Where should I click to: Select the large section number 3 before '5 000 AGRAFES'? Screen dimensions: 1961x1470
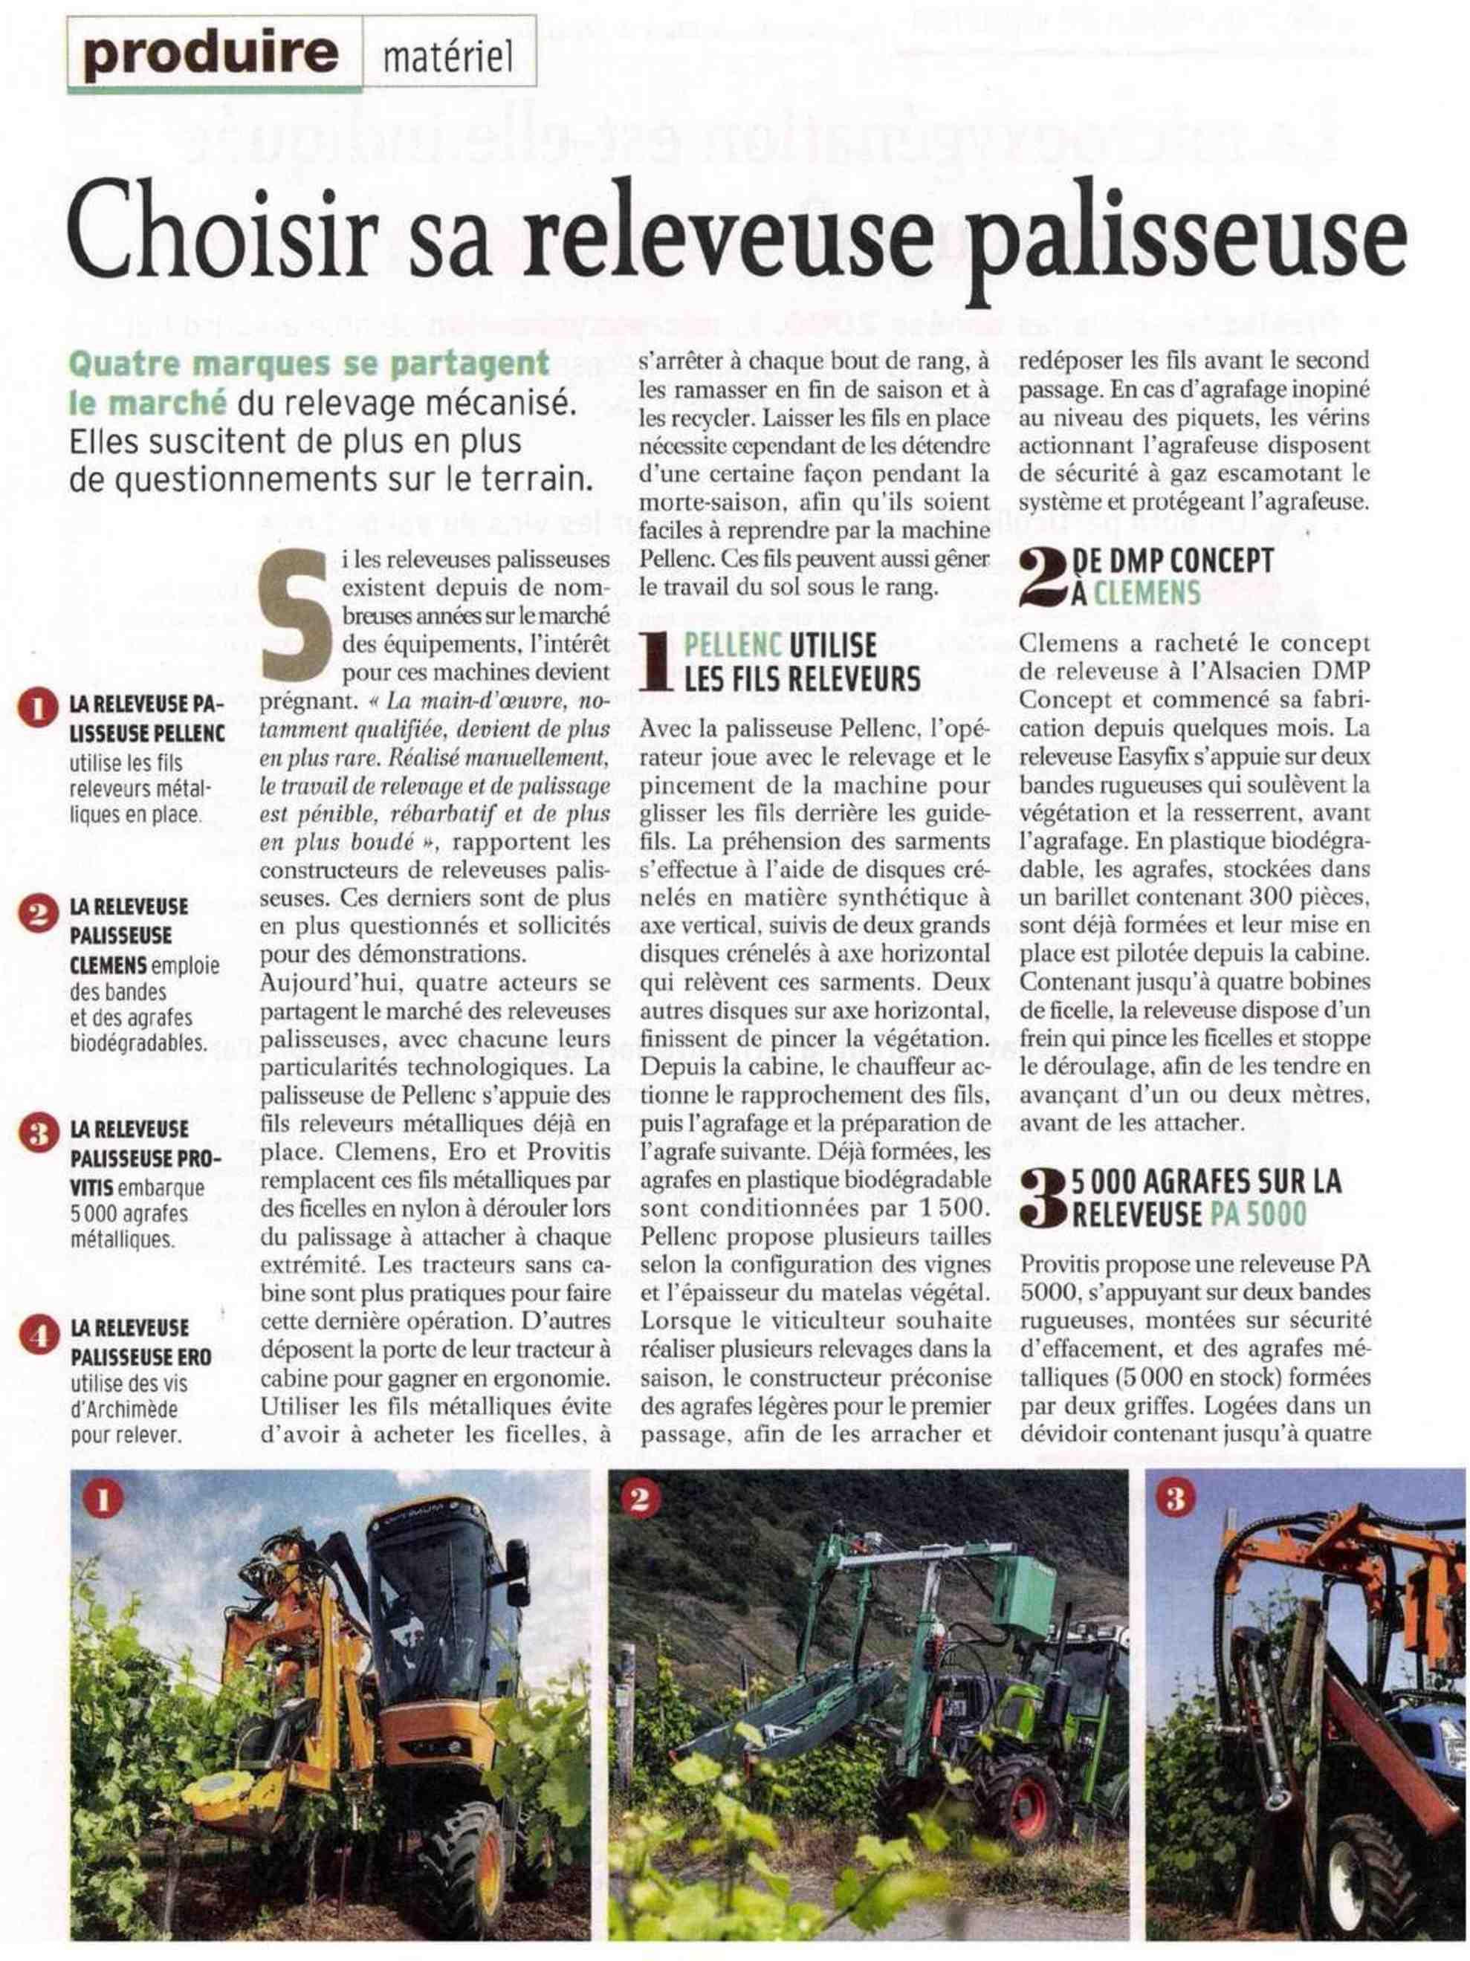point(1043,1198)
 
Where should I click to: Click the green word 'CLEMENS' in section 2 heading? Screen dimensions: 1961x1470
point(1147,591)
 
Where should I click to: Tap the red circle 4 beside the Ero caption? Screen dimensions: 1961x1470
point(37,1338)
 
